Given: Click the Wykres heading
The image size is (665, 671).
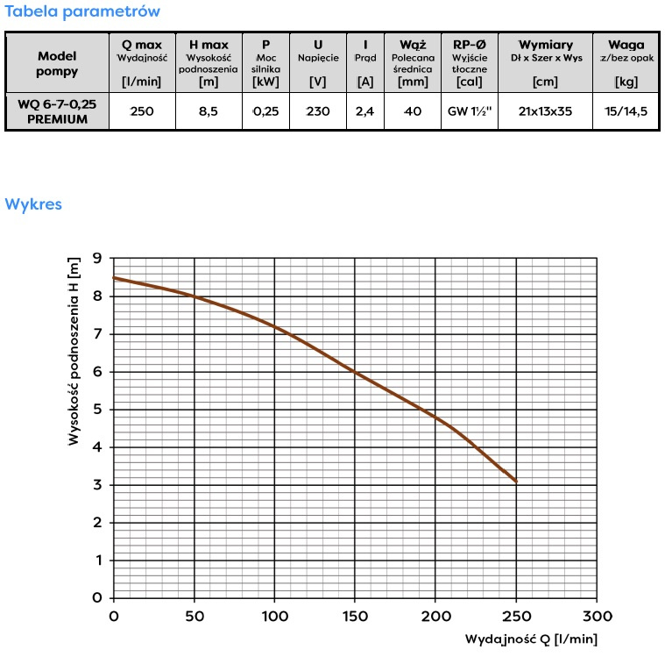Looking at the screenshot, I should (x=33, y=204).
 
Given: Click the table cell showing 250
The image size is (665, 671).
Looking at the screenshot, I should (x=141, y=111).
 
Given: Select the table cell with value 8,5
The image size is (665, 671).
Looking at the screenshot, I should (x=209, y=111).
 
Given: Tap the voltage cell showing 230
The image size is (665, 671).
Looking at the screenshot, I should (x=317, y=111).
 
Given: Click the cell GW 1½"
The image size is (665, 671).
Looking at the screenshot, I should (x=469, y=111).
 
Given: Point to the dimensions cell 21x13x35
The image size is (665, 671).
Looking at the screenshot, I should (x=546, y=111).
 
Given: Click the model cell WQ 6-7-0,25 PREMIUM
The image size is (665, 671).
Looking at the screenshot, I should (x=58, y=111).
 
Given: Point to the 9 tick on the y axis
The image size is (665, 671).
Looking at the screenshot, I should (x=97, y=259).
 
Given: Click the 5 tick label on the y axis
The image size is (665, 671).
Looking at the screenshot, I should (x=97, y=410).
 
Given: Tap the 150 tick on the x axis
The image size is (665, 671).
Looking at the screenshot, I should (x=356, y=617).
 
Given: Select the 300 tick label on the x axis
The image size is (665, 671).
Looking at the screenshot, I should (x=598, y=617).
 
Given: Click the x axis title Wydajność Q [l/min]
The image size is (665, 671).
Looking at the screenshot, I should (x=531, y=639).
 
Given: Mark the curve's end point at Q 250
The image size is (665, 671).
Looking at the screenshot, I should (x=517, y=482).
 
